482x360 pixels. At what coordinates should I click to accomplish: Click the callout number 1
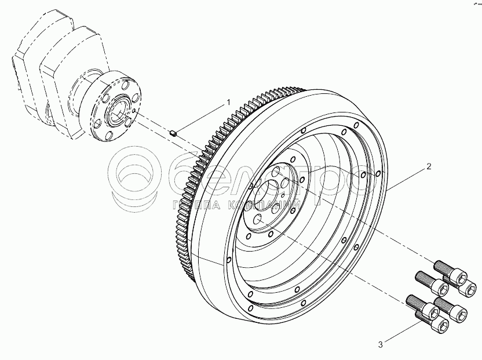click(x=228, y=102)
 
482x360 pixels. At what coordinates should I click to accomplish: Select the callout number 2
click(x=429, y=167)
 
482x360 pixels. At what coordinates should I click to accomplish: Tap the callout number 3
click(x=381, y=345)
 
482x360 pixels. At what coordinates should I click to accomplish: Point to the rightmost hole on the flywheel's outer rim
click(x=378, y=173)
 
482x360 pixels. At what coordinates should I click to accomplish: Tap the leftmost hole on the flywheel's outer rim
click(x=229, y=260)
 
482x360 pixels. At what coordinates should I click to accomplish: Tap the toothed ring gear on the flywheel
click(x=191, y=191)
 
